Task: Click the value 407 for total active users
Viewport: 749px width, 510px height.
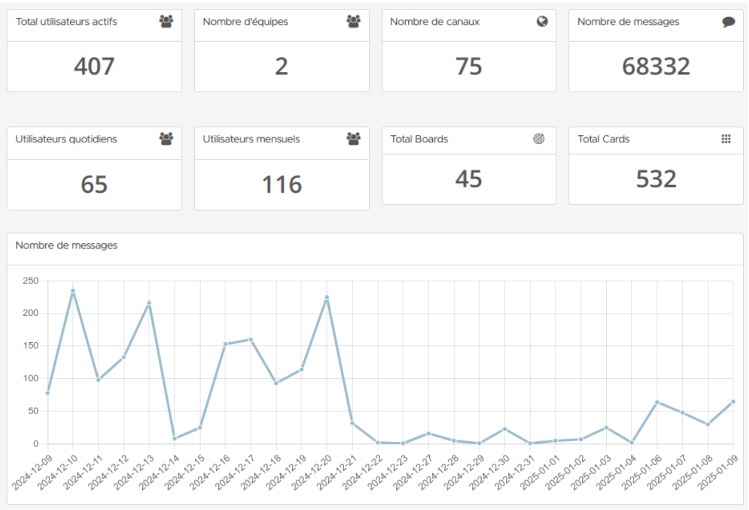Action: (94, 67)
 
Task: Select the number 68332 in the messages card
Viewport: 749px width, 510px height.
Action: (656, 67)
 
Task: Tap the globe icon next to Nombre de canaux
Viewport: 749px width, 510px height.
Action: (542, 21)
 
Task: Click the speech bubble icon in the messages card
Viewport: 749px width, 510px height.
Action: (728, 22)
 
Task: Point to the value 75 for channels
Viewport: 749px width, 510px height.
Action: (468, 67)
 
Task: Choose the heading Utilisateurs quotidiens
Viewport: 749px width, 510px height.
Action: (66, 139)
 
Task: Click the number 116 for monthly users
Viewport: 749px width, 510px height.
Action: (282, 185)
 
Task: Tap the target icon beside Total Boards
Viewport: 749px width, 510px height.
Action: (539, 139)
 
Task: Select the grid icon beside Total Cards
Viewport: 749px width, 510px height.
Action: (726, 139)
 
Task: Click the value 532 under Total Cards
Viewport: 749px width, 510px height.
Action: (656, 179)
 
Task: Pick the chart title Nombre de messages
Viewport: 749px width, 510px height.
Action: (67, 245)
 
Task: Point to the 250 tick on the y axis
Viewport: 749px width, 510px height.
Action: (31, 281)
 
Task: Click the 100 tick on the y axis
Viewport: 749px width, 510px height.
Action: (31, 378)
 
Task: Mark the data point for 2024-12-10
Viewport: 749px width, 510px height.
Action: (73, 291)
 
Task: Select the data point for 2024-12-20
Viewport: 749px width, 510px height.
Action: (327, 297)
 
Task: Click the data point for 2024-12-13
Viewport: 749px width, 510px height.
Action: (149, 303)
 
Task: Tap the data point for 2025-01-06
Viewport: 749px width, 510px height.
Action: (657, 402)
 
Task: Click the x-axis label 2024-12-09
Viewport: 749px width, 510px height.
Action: (32, 472)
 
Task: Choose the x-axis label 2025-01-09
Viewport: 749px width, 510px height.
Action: (718, 472)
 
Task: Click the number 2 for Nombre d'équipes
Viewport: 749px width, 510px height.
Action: (281, 67)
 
